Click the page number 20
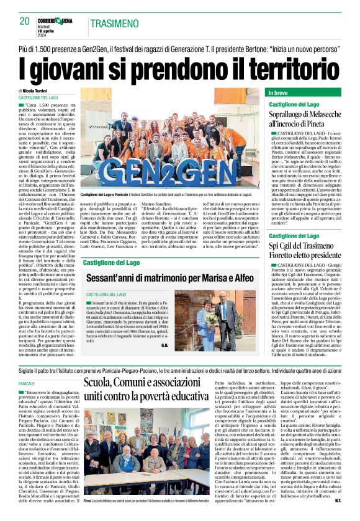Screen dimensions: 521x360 pos(25,22)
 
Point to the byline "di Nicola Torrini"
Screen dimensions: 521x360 pos(37,91)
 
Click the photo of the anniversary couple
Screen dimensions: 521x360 pos(230,317)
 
